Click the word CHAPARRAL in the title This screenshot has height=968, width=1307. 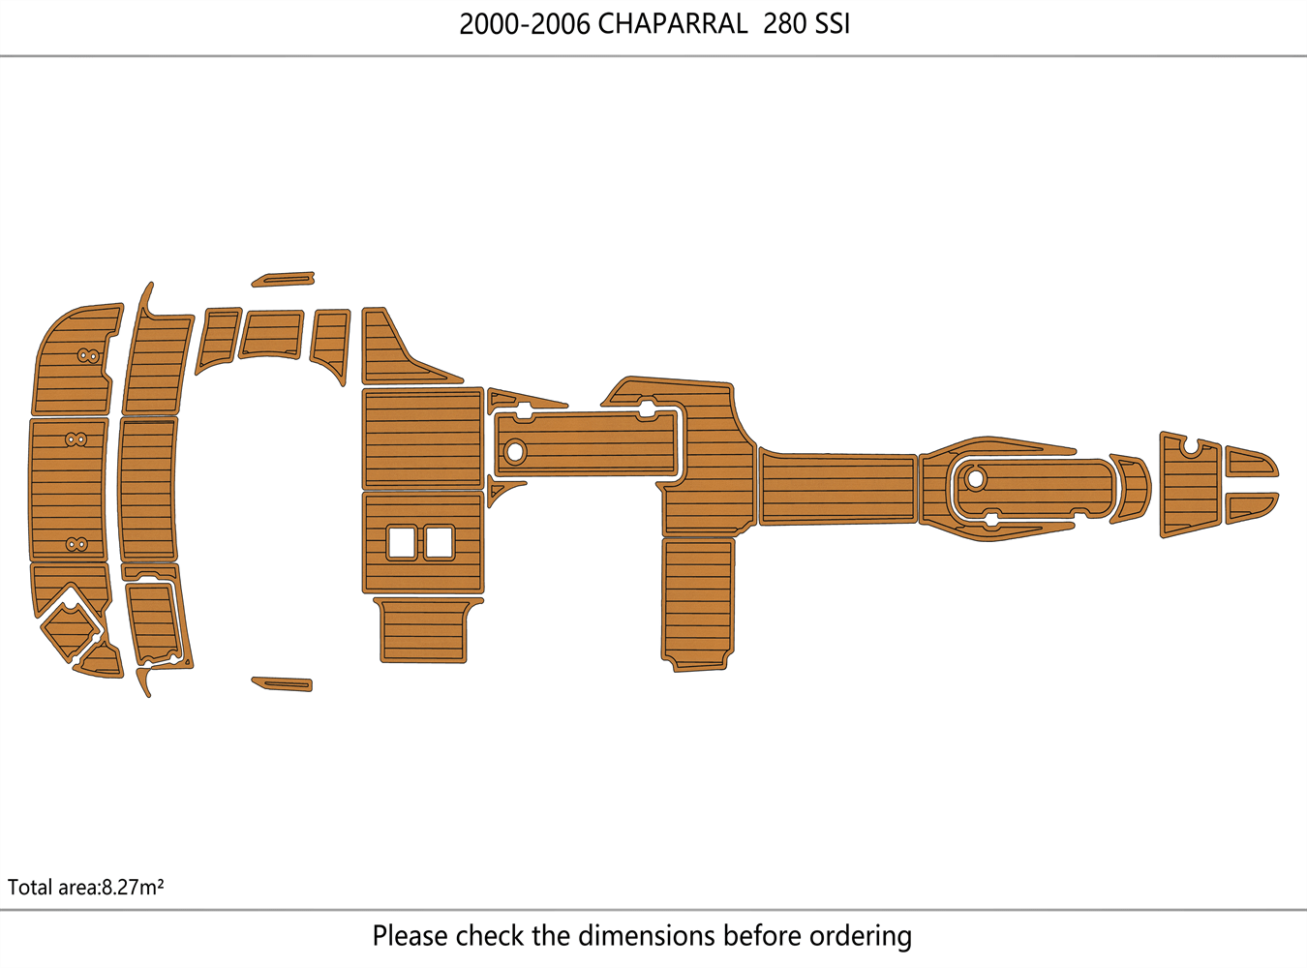coord(672,24)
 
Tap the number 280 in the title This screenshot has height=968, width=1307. coord(784,24)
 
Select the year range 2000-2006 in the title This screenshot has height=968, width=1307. coord(524,24)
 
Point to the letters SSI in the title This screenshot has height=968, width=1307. coord(832,24)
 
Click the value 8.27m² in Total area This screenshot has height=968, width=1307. coord(133,887)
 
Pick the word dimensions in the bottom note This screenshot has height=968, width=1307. coord(647,936)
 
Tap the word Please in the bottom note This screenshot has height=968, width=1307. coord(410,936)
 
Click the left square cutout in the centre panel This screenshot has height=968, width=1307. coord(402,542)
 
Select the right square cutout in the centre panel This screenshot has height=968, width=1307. coord(440,542)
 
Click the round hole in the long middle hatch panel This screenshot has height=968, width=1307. coord(514,451)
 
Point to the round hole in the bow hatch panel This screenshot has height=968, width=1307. coord(975,478)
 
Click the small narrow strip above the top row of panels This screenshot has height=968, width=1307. coord(284,280)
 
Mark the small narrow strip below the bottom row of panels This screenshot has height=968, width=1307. coord(283,684)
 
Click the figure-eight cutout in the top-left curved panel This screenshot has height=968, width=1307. coord(88,356)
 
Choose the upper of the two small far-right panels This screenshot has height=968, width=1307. coord(1251,462)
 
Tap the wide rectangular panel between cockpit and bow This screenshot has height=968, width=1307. coord(838,489)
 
